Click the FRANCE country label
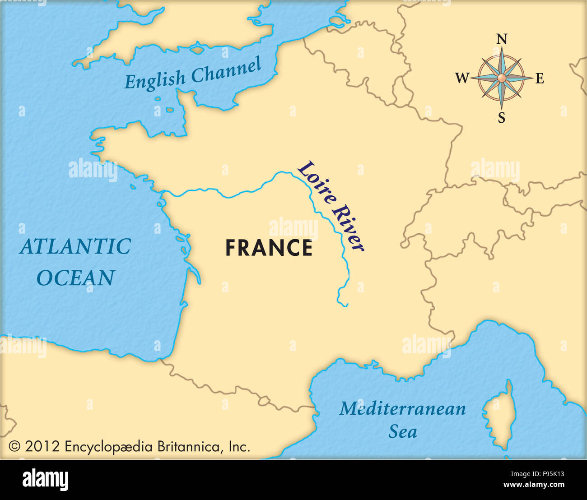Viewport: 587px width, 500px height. (269, 248)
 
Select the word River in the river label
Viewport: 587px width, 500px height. (348, 229)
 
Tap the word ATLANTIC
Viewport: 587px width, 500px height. (75, 247)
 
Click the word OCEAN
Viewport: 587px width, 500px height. (75, 278)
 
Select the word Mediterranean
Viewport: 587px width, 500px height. (402, 408)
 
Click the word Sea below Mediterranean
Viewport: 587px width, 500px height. (402, 432)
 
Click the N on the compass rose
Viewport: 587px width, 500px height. (501, 39)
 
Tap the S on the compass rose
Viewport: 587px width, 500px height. (501, 118)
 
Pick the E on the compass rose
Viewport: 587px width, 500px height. (540, 79)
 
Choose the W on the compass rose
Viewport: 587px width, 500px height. (462, 79)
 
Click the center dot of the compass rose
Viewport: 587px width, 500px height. (501, 79)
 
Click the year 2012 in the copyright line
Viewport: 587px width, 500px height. (42, 447)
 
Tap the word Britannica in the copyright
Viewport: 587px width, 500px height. (188, 447)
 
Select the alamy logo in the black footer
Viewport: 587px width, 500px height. (45, 479)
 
